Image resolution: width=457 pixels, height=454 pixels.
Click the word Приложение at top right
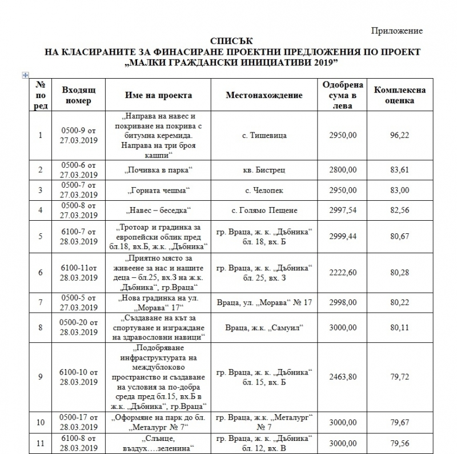click(398, 30)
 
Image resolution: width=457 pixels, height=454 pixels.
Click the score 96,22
click(399, 136)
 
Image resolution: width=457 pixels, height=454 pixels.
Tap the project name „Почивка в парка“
click(158, 170)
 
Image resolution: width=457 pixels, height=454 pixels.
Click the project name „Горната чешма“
click(158, 190)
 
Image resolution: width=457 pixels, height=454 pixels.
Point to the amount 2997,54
click(342, 210)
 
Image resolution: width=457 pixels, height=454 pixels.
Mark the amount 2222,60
click(342, 273)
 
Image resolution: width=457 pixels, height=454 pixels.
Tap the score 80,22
click(399, 302)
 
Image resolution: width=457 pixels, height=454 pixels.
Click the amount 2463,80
click(342, 376)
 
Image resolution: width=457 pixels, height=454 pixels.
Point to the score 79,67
click(399, 422)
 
